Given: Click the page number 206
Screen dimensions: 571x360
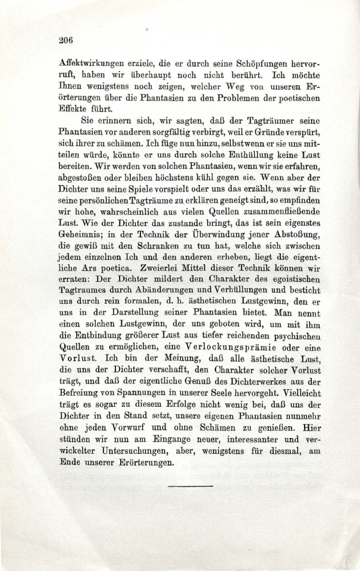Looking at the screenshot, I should point(65,41).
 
